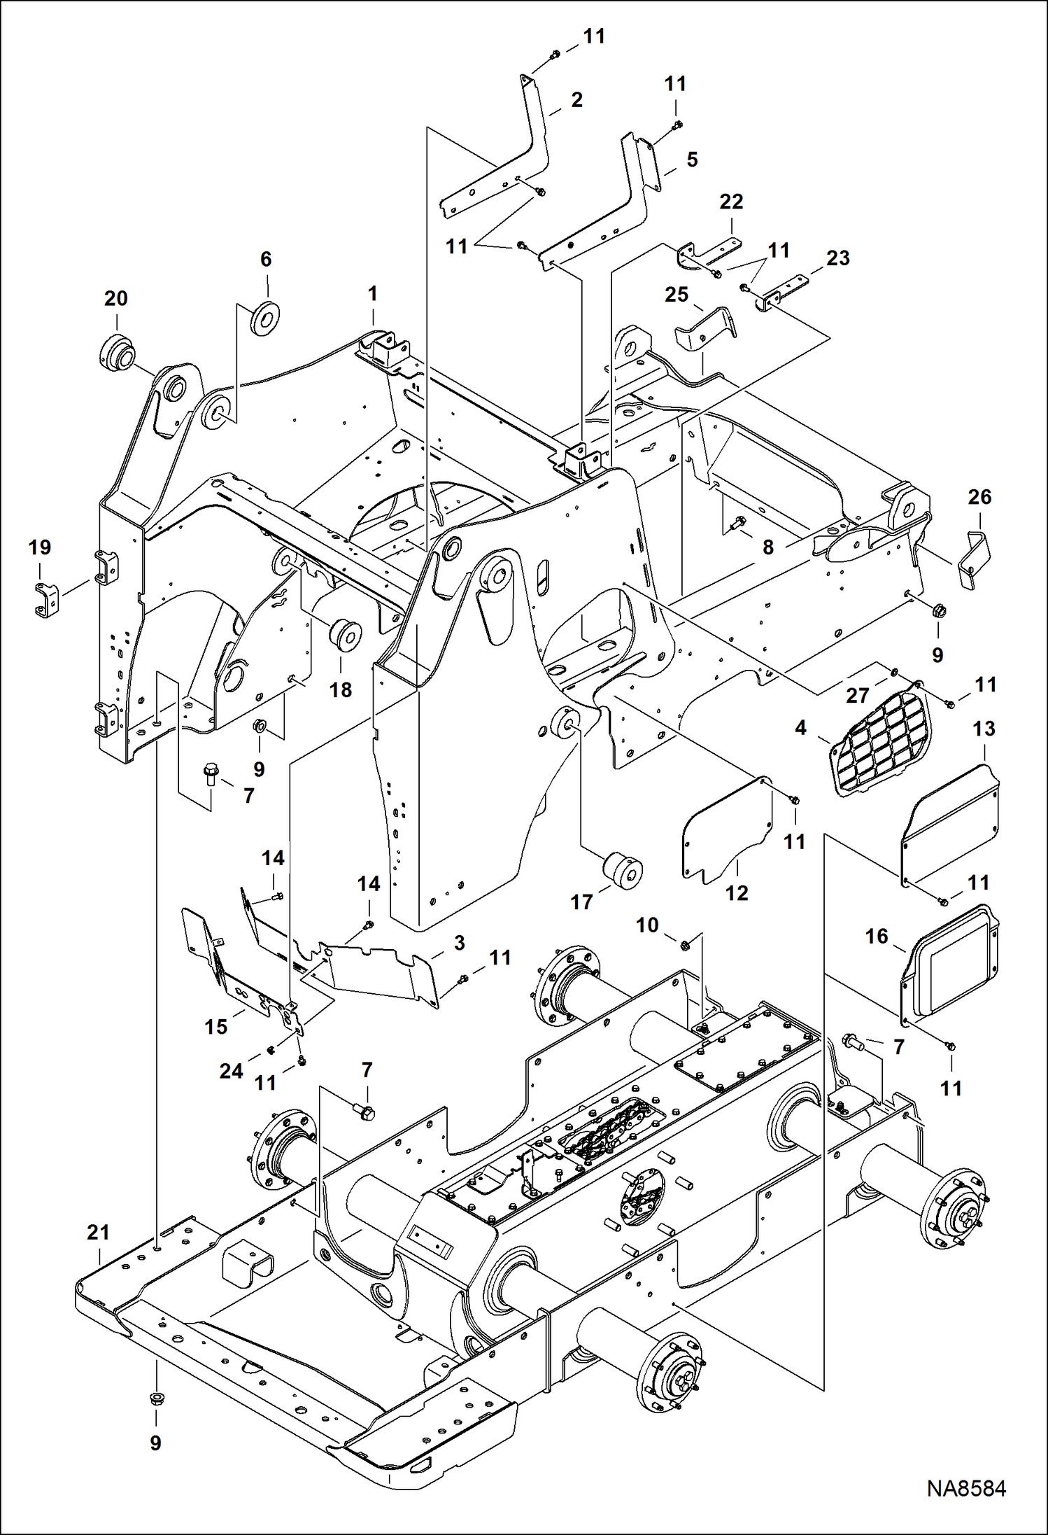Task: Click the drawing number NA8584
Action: pos(966,1489)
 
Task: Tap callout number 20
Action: pos(116,298)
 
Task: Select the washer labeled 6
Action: pos(265,318)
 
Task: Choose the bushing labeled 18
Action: pos(345,633)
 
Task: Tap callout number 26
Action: pos(979,497)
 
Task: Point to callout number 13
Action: pos(984,729)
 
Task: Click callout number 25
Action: pos(677,295)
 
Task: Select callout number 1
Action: pos(373,293)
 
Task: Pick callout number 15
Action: pos(216,1026)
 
